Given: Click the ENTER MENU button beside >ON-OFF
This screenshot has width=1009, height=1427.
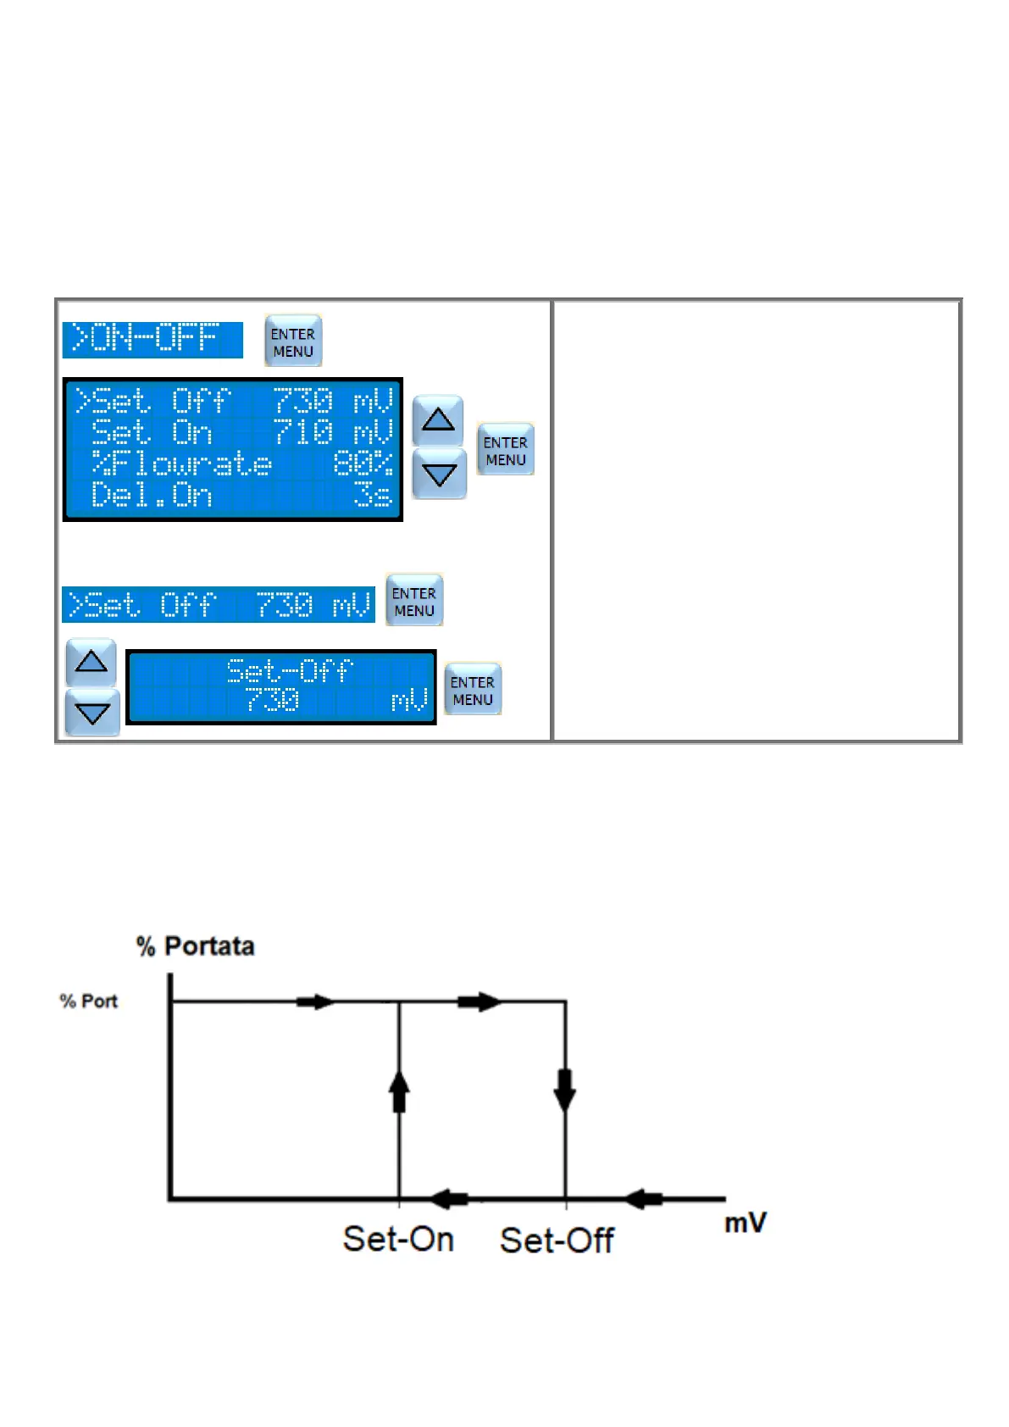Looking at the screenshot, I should pos(293,341).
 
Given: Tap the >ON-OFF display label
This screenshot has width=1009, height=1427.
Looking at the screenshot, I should pos(152,339).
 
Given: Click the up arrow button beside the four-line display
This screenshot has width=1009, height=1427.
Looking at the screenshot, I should pos(438,419).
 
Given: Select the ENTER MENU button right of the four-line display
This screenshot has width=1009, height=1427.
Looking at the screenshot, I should pos(505,450).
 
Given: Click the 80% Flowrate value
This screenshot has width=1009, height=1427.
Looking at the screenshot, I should pos(363,464).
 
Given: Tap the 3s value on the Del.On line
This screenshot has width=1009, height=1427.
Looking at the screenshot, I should pos(373,495).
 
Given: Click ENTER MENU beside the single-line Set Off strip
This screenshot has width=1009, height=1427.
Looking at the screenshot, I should pos(413,601).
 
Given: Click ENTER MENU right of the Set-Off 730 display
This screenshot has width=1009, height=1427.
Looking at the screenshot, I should pos(472,690).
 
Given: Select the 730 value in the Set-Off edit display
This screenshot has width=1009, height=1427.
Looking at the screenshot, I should pos(272,701).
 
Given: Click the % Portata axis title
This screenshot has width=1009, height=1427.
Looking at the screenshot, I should pos(196,946).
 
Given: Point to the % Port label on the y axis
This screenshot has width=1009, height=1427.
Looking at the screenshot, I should pos(88,1001).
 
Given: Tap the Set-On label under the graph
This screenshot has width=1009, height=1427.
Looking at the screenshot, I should pos(398,1239).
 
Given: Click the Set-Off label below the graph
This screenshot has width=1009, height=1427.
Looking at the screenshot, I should pos(557,1241).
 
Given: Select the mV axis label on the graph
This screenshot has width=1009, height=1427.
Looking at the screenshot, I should pos(746,1223).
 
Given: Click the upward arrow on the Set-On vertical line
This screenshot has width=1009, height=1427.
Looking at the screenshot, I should pos(399,1091).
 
